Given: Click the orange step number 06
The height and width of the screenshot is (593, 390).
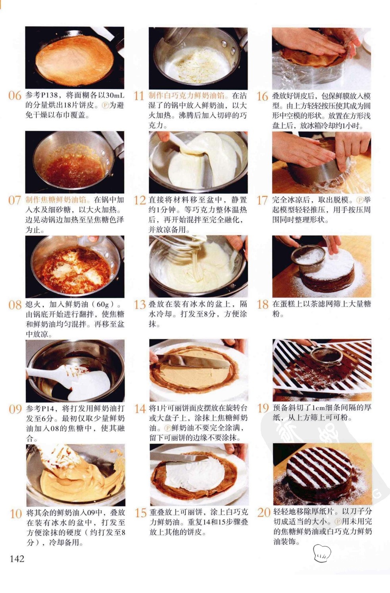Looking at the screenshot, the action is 15,96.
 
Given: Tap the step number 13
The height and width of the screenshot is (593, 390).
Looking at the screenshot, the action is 140,305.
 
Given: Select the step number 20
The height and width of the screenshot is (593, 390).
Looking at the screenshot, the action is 264,512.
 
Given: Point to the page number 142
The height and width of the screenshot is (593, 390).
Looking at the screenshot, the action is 17,558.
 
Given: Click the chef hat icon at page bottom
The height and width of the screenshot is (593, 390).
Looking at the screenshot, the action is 322,553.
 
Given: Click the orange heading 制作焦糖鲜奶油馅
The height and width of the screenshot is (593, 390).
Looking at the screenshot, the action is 56,199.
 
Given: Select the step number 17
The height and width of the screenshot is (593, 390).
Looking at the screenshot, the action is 263,200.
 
